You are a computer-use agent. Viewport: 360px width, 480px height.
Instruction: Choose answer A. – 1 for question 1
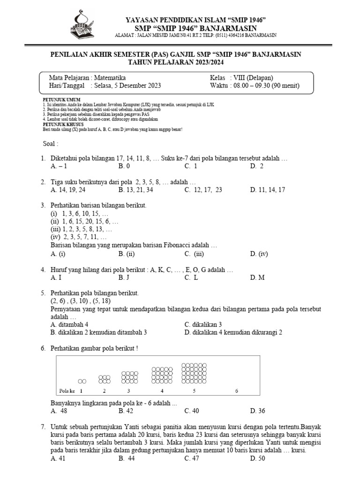[59, 166]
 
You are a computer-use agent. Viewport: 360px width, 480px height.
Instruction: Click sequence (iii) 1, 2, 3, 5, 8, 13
[81, 229]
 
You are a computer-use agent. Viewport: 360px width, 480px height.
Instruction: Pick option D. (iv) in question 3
[259, 254]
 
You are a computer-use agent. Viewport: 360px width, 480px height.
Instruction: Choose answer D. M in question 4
[257, 277]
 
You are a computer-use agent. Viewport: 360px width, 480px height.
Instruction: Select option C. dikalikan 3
[203, 324]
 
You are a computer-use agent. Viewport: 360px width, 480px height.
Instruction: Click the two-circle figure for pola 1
[82, 381]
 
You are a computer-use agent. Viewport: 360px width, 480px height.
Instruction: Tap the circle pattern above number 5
[194, 373]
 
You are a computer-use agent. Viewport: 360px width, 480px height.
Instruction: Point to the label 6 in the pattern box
[236, 390]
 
